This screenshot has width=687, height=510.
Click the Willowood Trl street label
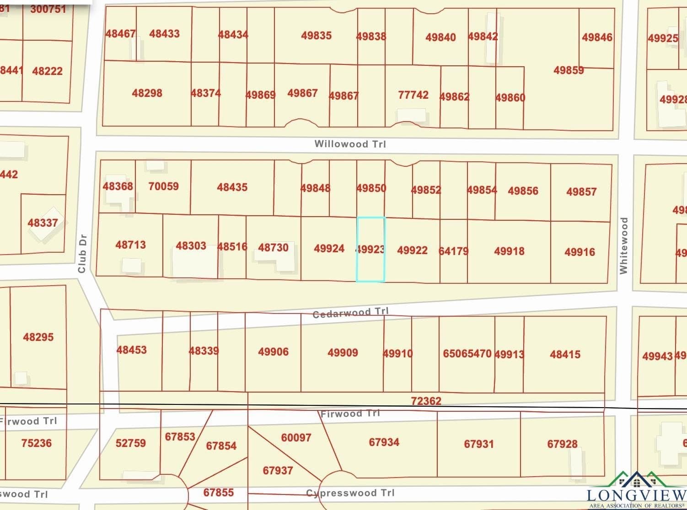(x=350, y=144)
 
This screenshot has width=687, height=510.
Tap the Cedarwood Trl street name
(x=350, y=313)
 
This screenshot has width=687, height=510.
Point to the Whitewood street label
(x=623, y=245)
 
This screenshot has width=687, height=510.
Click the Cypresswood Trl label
(x=350, y=493)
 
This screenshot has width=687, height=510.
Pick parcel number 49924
(x=329, y=249)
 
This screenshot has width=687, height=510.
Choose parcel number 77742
(x=413, y=95)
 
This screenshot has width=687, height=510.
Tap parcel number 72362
(x=426, y=401)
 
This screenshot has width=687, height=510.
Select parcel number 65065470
(x=467, y=353)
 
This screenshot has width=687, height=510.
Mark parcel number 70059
(x=163, y=186)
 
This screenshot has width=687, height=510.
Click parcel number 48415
(x=565, y=354)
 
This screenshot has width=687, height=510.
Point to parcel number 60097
(x=296, y=437)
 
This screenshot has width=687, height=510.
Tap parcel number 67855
(x=218, y=492)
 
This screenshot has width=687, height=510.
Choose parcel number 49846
(x=597, y=37)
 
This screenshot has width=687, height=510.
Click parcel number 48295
(x=38, y=337)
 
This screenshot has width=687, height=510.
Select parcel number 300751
(x=48, y=9)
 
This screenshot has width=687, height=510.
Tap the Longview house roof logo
(x=637, y=480)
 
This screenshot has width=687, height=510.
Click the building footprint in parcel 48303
(x=195, y=264)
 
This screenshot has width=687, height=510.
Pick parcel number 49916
(x=580, y=252)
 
